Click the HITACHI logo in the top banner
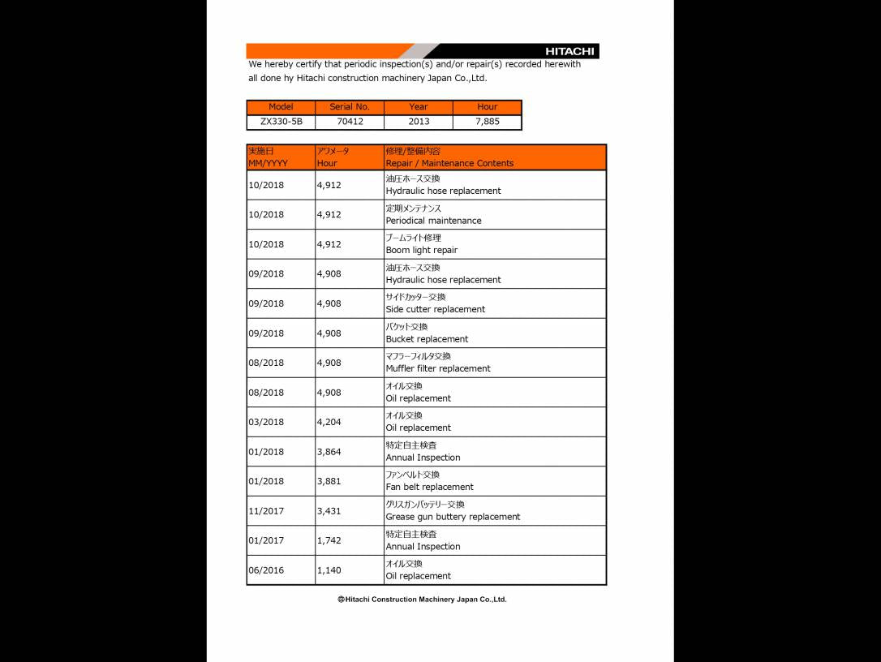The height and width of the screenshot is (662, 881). [x=569, y=51]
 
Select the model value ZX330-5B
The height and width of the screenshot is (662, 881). [x=281, y=122]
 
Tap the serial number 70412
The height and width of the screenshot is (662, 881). [x=350, y=122]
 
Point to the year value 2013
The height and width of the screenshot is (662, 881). [x=419, y=122]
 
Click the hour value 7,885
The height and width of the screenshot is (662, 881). [x=488, y=122]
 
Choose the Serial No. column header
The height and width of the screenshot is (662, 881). [x=350, y=107]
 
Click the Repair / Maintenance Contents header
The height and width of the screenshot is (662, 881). [x=449, y=163]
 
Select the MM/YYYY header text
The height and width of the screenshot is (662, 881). [x=268, y=163]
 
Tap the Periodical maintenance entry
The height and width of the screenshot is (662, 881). [x=433, y=221]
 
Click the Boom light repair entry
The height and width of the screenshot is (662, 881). [x=421, y=250]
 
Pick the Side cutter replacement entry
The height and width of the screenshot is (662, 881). [x=435, y=309]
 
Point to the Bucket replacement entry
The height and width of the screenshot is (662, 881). [x=427, y=339]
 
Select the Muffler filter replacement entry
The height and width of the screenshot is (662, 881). [x=438, y=368]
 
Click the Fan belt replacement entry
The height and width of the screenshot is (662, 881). [x=429, y=487]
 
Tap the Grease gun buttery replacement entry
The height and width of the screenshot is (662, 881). [x=453, y=517]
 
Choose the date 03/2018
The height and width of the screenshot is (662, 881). [x=266, y=422]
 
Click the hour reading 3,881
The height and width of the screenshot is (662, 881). [x=329, y=481]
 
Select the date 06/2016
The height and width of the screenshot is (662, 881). [x=266, y=570]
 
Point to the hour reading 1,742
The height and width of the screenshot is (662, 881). [x=329, y=540]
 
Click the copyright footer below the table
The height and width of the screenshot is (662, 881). [x=422, y=600]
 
